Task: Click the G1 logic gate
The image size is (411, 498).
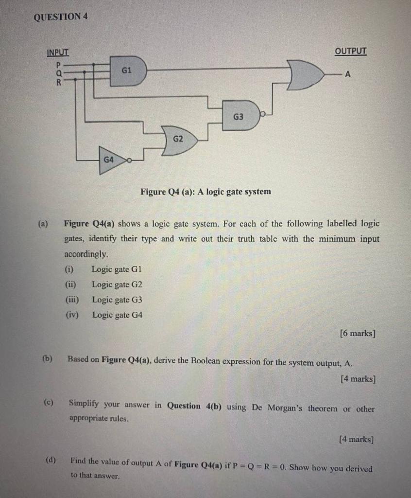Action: click(128, 71)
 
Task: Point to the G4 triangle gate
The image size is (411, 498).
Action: click(110, 160)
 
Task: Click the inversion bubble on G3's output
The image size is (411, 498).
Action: click(262, 115)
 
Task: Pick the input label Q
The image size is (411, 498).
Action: click(59, 73)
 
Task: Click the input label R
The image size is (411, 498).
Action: click(59, 82)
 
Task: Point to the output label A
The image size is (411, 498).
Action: click(347, 74)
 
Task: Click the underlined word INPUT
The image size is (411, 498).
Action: click(58, 53)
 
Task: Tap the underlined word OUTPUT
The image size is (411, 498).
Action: click(351, 51)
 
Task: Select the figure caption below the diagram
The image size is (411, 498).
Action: click(205, 192)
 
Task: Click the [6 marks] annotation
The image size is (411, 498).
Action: click(358, 334)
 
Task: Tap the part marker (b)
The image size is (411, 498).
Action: click(47, 359)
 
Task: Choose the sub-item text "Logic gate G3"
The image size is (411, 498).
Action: click(117, 300)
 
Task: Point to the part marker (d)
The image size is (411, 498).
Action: click(51, 460)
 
